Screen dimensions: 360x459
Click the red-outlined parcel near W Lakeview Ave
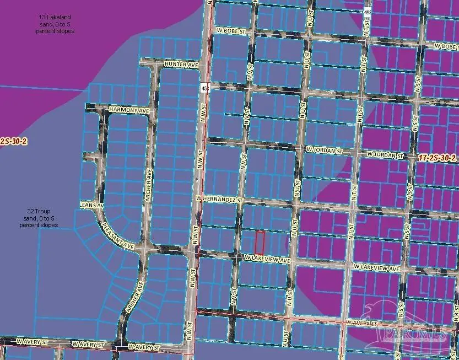(260, 243)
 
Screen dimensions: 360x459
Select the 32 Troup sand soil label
(39, 218)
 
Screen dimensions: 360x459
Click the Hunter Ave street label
(184, 65)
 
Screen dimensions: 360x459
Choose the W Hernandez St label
(219, 197)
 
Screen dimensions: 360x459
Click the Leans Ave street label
(91, 205)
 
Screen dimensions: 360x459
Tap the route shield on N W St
(204, 88)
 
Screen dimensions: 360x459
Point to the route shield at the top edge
(366, 11)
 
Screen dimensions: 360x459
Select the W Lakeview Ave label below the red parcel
(267, 259)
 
